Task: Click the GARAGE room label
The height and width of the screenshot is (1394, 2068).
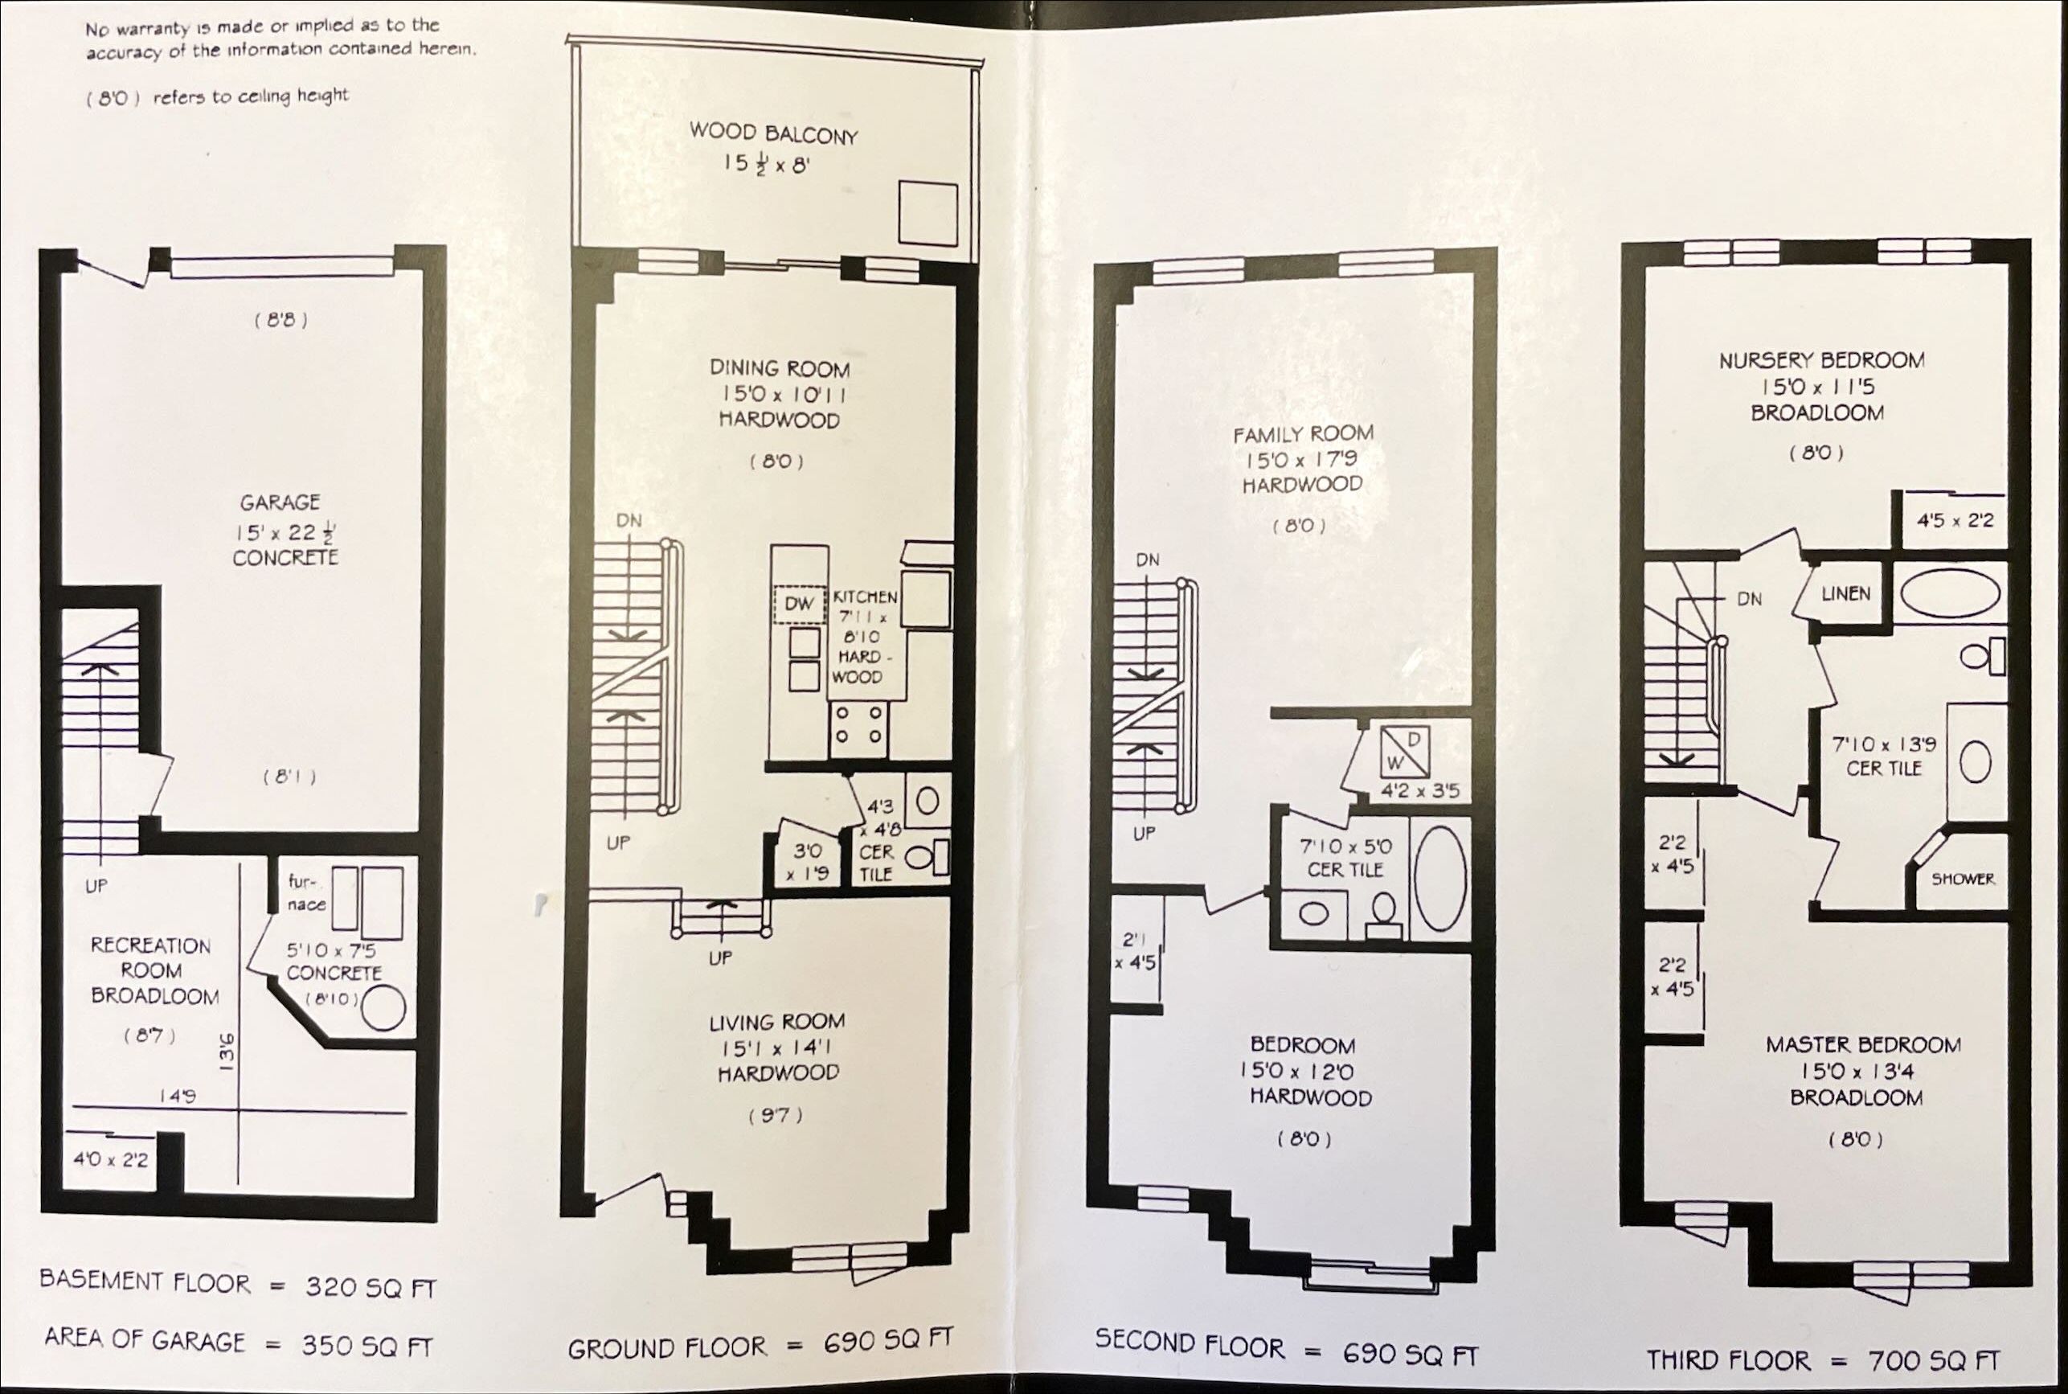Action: [280, 502]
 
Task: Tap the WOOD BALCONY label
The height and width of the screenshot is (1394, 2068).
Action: [773, 134]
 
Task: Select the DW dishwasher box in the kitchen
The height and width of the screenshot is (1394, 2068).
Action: [799, 605]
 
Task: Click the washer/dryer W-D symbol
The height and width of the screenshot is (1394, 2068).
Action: [1404, 751]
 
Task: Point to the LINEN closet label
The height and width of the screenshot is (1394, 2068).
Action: [1846, 594]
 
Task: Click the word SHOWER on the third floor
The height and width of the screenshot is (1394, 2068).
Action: [1962, 879]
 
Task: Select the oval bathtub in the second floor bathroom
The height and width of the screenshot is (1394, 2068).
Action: [1439, 879]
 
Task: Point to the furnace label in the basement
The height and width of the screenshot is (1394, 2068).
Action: [306, 892]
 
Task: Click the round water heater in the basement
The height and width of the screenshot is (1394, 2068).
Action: [382, 1009]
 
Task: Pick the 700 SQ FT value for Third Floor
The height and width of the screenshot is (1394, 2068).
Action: [1933, 1360]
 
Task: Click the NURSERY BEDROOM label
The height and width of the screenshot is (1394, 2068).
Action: [1821, 361]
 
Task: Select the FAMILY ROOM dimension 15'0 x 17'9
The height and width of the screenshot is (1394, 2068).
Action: [1301, 460]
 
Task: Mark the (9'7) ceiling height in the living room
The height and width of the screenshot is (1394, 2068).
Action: [776, 1115]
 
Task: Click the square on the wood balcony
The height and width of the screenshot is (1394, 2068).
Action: [927, 213]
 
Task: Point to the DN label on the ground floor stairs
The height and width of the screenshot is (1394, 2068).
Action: [629, 520]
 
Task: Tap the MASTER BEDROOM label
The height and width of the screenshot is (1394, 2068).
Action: [1863, 1045]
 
